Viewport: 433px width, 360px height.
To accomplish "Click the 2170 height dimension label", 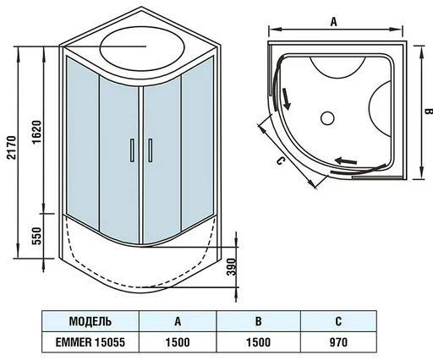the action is tap(12, 148).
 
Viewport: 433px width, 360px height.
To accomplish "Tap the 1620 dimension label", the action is tap(36, 133).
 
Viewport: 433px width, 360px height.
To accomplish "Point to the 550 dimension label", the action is tap(36, 236).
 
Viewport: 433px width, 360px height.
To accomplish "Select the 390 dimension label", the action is tap(231, 267).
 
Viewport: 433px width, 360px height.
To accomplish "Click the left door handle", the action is tap(132, 150).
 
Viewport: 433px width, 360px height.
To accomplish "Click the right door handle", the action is tap(151, 150).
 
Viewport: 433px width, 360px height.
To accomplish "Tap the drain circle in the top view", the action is tap(327, 117).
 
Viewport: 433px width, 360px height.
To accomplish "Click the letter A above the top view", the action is tap(334, 21).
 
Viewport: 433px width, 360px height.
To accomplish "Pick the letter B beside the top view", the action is tap(429, 112).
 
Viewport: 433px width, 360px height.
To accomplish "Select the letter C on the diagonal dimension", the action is tap(281, 161).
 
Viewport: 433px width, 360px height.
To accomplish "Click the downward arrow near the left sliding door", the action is tap(286, 99).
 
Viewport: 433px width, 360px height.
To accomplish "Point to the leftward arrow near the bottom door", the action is tap(346, 161).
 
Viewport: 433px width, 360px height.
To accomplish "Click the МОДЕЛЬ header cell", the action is tap(90, 321).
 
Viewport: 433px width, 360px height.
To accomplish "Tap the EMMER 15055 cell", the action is tap(90, 342).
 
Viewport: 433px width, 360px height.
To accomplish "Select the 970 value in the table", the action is tap(338, 342).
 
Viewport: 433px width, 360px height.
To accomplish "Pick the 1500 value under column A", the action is tap(178, 342).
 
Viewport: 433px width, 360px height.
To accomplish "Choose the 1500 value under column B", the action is tap(258, 342).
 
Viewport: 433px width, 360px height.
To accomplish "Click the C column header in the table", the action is tap(338, 321).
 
